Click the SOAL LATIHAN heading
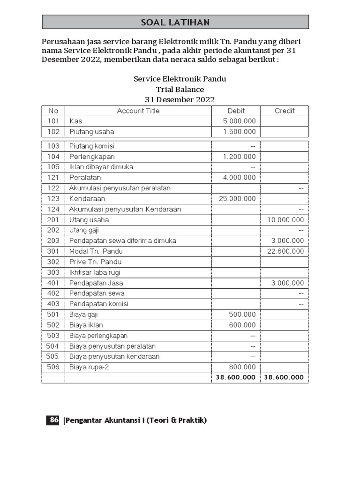[175, 22]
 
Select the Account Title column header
[138, 111]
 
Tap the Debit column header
[236, 111]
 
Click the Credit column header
[284, 111]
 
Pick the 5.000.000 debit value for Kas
[240, 121]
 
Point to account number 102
[53, 132]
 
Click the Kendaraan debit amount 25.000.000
[237, 199]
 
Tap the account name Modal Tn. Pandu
[96, 251]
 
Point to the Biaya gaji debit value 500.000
[242, 315]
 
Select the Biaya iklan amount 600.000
[242, 325]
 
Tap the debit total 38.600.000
[235, 377]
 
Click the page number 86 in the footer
[52, 420]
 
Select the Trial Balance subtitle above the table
[180, 89]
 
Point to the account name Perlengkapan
[92, 157]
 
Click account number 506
[53, 367]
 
